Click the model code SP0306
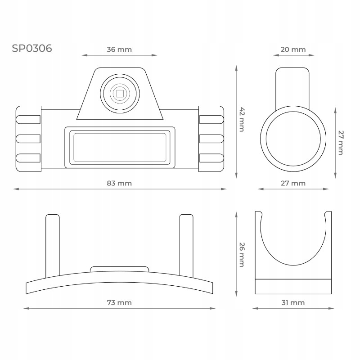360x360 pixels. pos(32,48)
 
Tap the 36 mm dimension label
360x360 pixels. pos(119,49)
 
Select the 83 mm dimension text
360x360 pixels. pos(119,183)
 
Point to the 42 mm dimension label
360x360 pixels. pos(242,119)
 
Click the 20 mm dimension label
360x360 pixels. pos(292,49)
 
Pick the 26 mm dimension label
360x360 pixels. pos(242,255)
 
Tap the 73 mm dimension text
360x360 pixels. pos(119,302)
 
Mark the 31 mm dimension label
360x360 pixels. pos(292,302)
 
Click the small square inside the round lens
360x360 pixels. pos(120,94)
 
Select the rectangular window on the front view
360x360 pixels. pos(120,147)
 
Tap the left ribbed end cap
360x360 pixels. pos(28,139)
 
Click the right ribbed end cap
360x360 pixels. pos(211,139)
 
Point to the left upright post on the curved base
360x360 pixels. pos(53,245)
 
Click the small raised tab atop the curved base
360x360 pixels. pos(119,269)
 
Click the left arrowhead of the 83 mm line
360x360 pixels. pos(15,189)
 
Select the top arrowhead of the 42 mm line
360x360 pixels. pos(236,67)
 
